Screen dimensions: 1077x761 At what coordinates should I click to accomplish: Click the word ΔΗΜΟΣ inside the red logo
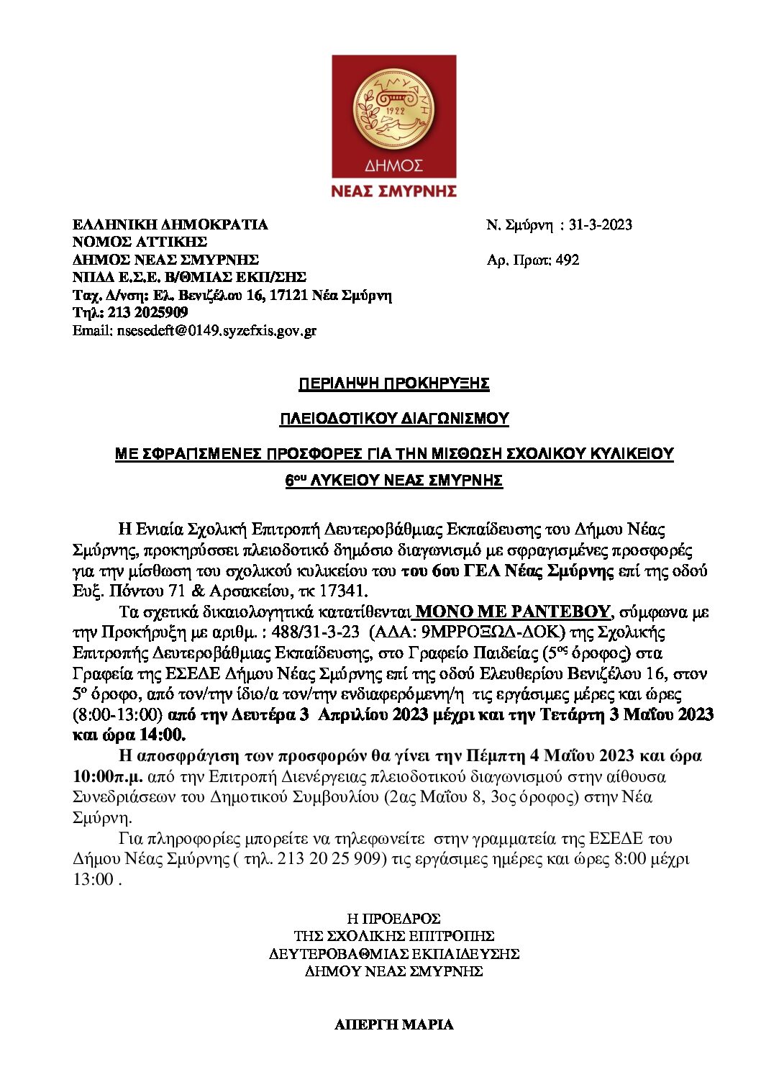[x=393, y=166]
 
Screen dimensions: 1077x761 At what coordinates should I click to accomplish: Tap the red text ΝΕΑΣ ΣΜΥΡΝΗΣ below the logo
[x=393, y=191]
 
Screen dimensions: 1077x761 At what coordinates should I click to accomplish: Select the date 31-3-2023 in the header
[x=600, y=224]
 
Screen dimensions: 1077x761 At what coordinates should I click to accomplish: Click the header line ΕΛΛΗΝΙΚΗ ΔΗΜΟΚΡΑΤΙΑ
[x=170, y=224]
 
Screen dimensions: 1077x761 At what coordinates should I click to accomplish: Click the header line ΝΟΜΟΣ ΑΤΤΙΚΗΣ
[x=140, y=242]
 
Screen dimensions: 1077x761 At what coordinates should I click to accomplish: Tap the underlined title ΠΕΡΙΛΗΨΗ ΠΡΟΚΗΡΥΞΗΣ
[x=393, y=383]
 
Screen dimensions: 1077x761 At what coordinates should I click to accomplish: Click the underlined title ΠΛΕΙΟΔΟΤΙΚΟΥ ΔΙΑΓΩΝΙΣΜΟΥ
[x=393, y=419]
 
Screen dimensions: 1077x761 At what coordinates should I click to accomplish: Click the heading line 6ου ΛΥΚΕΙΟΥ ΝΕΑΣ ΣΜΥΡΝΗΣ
[x=393, y=481]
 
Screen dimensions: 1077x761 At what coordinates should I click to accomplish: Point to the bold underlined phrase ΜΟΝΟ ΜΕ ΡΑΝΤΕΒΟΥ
[x=512, y=612]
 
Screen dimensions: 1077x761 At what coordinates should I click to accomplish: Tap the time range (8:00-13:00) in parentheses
[x=117, y=714]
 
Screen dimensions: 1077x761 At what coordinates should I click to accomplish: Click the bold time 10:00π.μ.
[x=108, y=776]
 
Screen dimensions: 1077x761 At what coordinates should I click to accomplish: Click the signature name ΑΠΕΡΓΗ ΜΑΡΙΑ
[x=393, y=1024]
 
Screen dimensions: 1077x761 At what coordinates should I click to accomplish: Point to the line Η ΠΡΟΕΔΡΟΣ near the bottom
[x=393, y=919]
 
